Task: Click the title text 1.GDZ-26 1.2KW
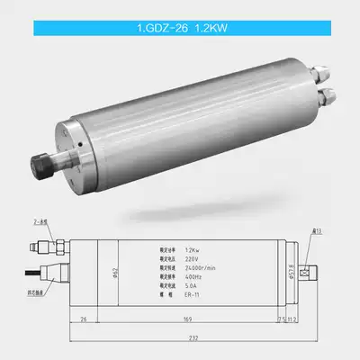click(x=179, y=28)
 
